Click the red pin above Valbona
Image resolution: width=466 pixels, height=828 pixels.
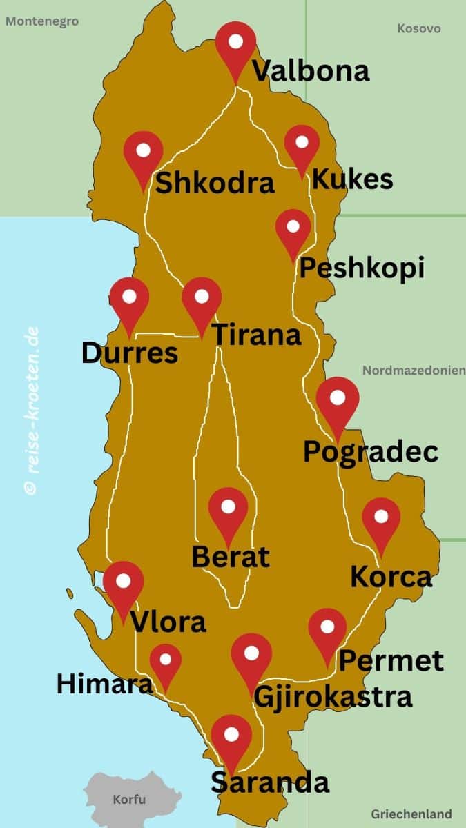click(x=235, y=44)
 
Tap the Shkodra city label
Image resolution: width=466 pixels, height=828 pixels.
click(x=215, y=184)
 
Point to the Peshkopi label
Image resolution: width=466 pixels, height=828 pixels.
click(x=361, y=268)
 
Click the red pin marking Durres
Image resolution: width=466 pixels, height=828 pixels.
click(x=129, y=300)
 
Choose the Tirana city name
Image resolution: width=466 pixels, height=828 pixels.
click(x=256, y=335)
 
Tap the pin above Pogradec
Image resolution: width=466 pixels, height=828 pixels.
click(x=338, y=401)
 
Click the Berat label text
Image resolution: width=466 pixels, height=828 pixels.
click(x=230, y=557)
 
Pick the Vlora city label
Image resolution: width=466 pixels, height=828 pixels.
click(x=168, y=622)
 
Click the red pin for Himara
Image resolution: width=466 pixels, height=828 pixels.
click(x=166, y=662)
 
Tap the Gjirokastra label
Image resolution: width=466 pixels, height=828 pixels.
click(x=333, y=696)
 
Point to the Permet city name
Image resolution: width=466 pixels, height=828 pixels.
click(x=391, y=661)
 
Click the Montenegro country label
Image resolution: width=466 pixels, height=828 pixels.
click(x=42, y=21)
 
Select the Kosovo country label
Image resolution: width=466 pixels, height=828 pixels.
click(x=419, y=29)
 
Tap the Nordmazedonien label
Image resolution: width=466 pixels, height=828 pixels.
click(x=414, y=371)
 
